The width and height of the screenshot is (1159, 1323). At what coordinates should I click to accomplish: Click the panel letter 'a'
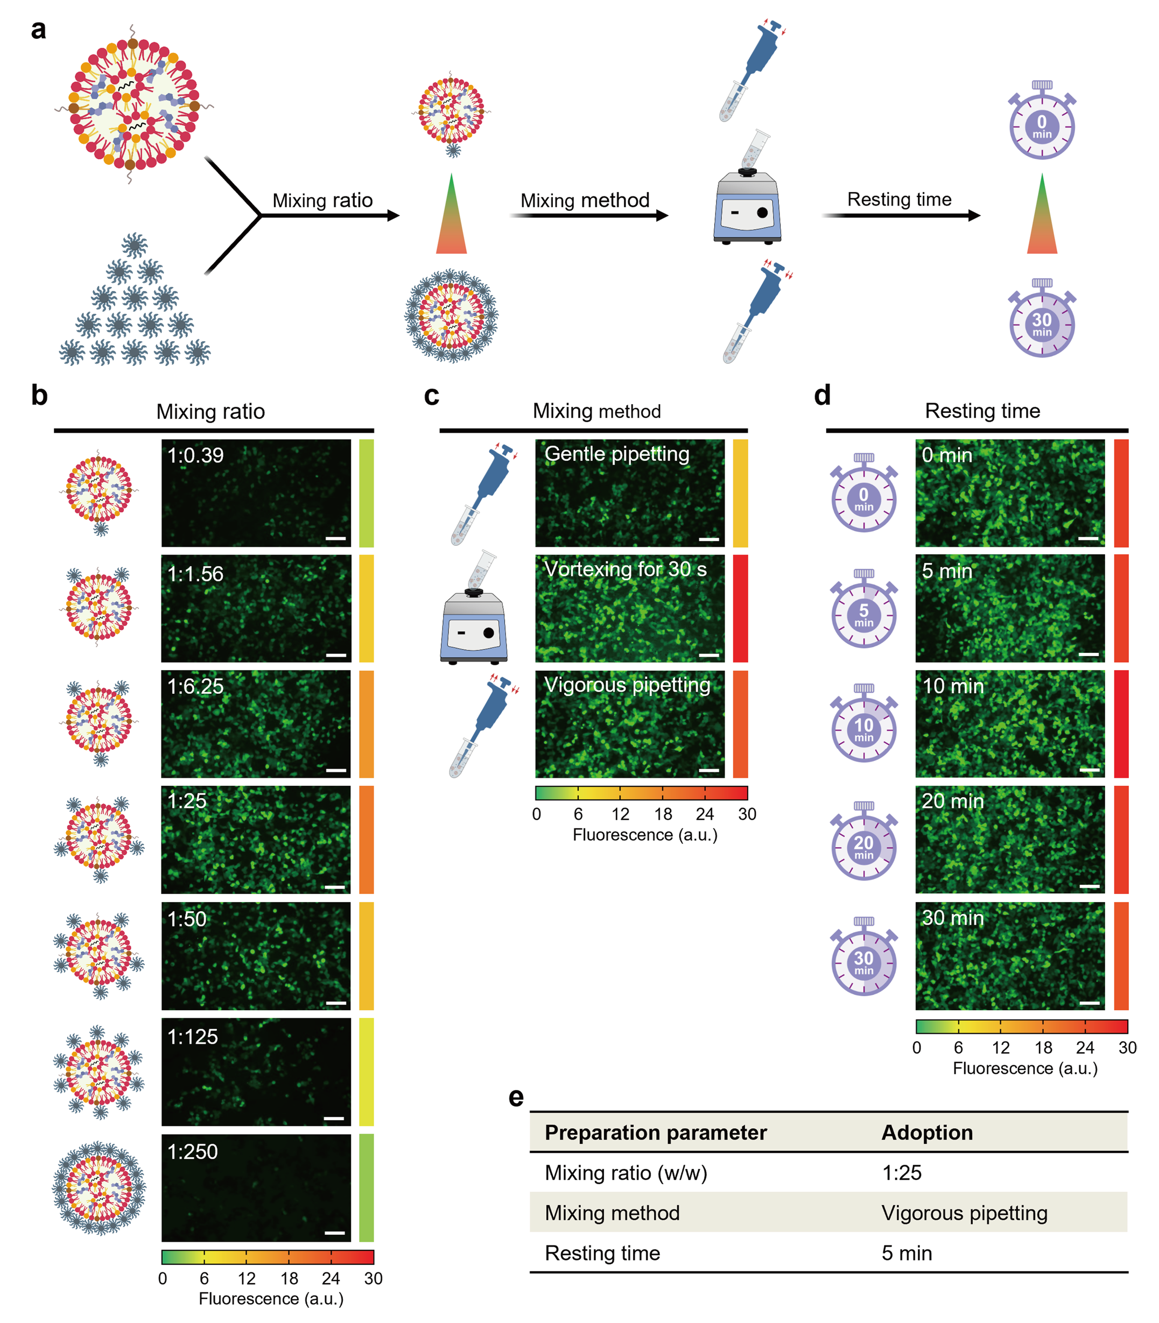(x=38, y=30)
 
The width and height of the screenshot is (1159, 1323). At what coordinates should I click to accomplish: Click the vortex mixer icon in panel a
(x=747, y=206)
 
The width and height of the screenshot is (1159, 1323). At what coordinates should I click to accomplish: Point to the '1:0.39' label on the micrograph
(x=195, y=455)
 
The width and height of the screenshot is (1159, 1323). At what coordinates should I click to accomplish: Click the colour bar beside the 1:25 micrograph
(x=366, y=839)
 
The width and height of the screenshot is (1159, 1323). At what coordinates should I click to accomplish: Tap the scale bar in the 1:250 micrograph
(x=334, y=1233)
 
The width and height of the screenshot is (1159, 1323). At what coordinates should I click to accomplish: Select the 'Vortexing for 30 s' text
(x=626, y=569)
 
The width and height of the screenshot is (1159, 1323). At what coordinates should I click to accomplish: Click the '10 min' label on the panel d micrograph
(x=953, y=686)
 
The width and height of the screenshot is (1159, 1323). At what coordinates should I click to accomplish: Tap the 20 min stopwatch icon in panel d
(x=863, y=841)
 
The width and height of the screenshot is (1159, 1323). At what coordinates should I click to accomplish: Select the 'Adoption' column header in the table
(x=927, y=1133)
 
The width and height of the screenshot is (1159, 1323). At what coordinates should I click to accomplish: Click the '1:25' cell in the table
(x=902, y=1173)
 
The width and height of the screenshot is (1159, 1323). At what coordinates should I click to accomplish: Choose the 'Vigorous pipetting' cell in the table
(x=964, y=1213)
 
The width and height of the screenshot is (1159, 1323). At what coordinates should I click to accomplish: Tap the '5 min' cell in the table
(x=907, y=1253)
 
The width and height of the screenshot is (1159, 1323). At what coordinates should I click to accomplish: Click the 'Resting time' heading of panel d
(x=982, y=411)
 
